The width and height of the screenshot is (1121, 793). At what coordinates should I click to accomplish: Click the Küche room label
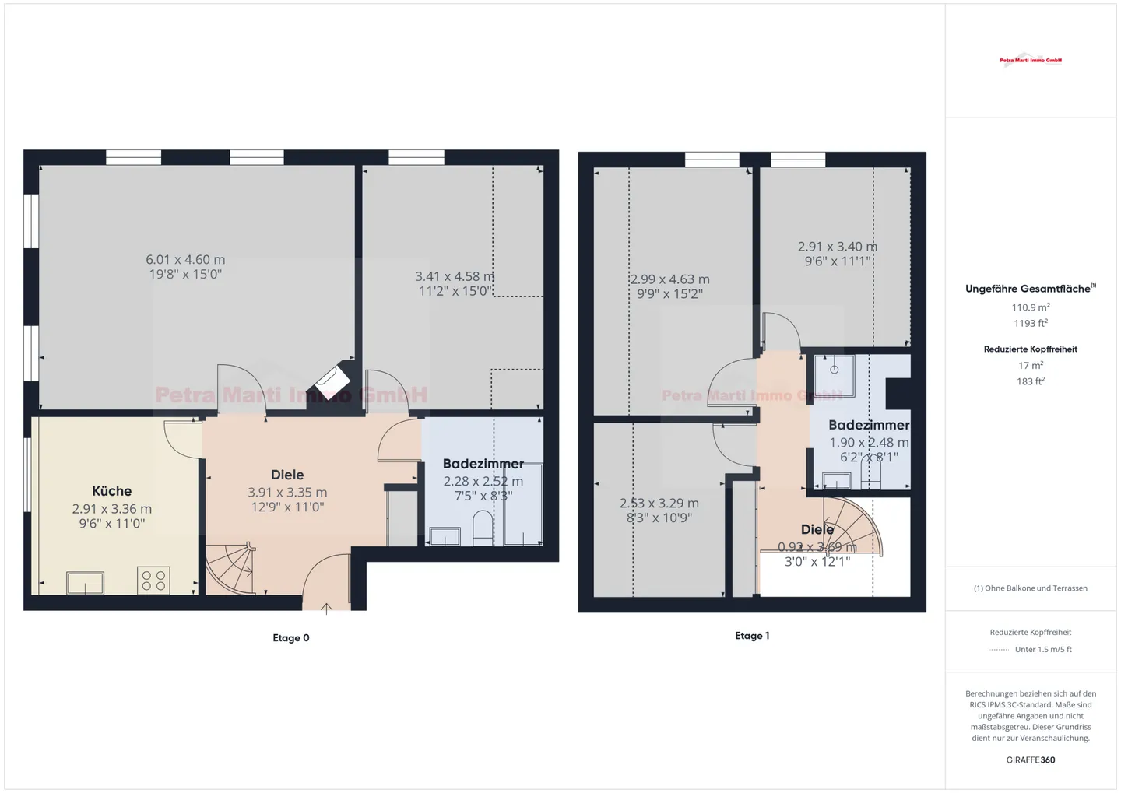coord(111,491)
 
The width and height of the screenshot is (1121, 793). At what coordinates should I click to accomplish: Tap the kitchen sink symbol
coord(85,582)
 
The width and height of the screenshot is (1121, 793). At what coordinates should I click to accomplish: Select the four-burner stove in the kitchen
coord(153,581)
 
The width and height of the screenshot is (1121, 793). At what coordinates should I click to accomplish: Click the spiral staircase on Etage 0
coord(230,568)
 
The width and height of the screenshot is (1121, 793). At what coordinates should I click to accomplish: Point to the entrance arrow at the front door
coord(327,609)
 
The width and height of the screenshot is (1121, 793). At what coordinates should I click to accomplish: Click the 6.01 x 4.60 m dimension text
coord(185,260)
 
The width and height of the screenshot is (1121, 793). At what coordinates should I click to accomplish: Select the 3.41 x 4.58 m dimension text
coord(455,276)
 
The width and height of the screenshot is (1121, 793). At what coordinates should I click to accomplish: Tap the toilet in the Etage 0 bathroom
coord(483,529)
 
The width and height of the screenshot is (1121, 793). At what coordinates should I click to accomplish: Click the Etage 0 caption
coord(291,638)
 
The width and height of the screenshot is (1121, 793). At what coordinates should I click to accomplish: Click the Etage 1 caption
coord(752,636)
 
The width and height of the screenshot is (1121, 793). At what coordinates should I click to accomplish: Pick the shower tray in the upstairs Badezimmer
coord(835,376)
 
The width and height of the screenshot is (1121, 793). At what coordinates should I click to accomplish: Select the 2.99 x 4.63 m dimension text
coord(669,279)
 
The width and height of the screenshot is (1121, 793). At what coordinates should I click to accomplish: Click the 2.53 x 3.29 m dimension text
coord(659,504)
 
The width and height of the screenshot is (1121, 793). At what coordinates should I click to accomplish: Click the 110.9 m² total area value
coord(1031,307)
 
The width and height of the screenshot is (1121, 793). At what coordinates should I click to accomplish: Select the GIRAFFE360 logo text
coord(1031,760)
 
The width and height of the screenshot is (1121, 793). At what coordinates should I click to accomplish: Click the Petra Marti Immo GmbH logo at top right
coord(1031,60)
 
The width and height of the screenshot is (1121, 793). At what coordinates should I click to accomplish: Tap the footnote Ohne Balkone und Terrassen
coord(1031,588)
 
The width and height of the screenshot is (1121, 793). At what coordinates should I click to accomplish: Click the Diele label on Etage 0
coord(287,475)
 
